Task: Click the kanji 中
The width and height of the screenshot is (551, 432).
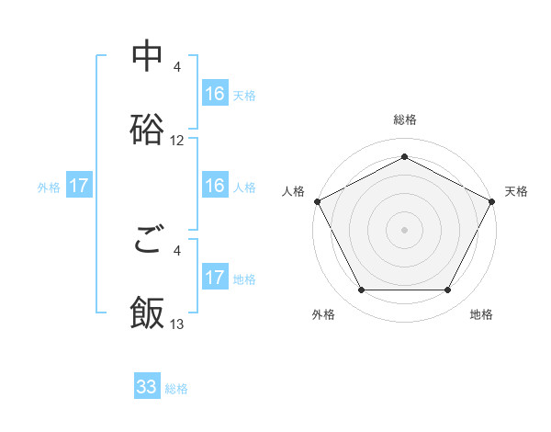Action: coord(147,57)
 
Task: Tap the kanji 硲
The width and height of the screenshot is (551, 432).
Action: coord(147,130)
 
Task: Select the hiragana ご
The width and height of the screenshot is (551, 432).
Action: coord(147,241)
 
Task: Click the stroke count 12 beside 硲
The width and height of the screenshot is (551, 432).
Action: coord(177,142)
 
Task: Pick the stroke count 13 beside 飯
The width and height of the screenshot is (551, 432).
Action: coord(177,324)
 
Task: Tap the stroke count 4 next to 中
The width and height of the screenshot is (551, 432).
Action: coord(177,67)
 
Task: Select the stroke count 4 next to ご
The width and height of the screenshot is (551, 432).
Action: coord(177,250)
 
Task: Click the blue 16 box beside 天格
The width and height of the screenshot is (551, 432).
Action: coord(215,94)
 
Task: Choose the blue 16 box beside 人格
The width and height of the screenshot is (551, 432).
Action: coord(215,186)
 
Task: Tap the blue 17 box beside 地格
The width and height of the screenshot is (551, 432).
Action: coord(215,278)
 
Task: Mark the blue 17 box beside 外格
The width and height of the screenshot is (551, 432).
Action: coord(79,186)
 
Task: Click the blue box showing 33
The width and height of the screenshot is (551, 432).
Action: coord(147,387)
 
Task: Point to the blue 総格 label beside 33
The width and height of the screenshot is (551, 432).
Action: coord(176,389)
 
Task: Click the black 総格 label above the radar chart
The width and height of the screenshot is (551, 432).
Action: coord(405,120)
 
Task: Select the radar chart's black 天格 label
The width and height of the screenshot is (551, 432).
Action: coord(516,191)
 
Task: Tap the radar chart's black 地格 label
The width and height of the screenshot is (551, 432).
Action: coord(481,315)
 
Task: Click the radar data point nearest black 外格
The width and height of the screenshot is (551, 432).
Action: coord(361,290)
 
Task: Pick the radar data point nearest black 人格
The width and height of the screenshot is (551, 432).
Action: coord(317,201)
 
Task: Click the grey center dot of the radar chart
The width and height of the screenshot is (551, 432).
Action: coord(405,229)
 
